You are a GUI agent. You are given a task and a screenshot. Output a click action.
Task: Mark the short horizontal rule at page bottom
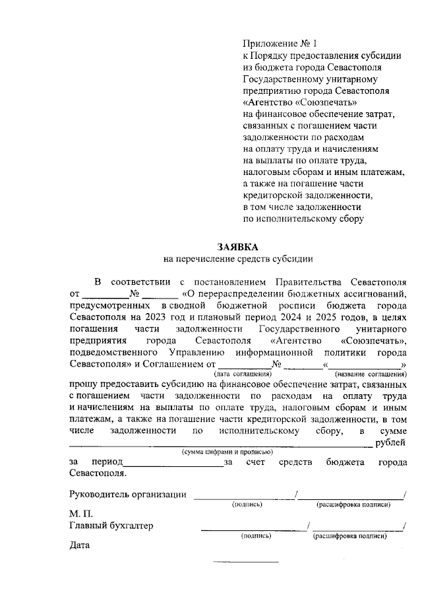point(245,562)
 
